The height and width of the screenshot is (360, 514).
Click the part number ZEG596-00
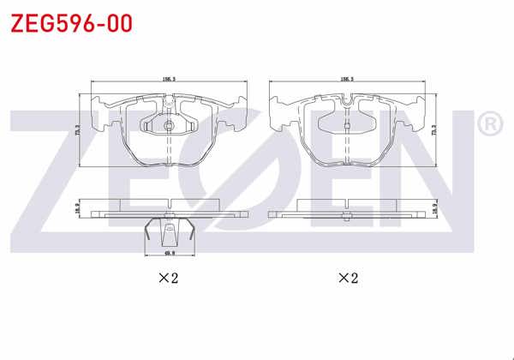[71, 22]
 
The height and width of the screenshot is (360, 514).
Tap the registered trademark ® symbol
[488, 126]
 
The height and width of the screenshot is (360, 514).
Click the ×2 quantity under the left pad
[166, 278]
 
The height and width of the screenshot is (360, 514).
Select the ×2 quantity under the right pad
[346, 278]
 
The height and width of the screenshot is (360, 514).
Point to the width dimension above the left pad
[169, 78]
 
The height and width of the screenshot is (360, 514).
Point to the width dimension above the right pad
[348, 78]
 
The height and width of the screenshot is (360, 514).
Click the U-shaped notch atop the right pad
[346, 104]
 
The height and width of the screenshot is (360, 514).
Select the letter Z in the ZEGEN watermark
[51, 180]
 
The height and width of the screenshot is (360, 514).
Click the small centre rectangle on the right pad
[346, 127]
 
